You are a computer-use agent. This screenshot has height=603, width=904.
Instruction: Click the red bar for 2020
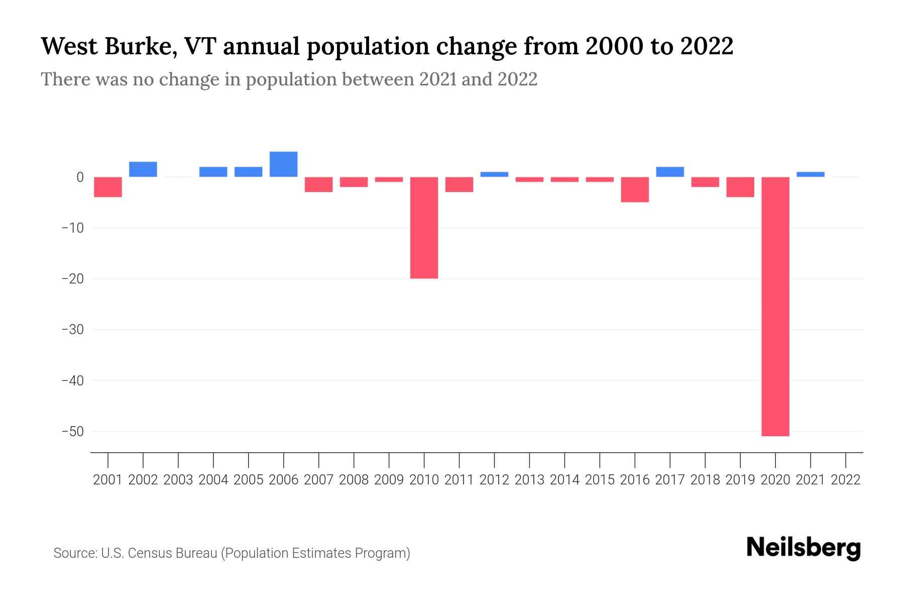775,307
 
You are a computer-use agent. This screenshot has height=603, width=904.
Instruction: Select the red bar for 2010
424,228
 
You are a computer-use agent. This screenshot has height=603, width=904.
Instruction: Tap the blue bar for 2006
283,164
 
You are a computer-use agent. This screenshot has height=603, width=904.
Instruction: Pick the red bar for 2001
108,187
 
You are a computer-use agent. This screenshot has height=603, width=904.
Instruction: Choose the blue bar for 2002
143,169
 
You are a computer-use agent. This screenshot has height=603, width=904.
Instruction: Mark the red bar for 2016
635,189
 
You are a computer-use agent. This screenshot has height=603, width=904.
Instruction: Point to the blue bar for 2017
670,172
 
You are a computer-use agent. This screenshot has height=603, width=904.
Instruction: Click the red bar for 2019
740,187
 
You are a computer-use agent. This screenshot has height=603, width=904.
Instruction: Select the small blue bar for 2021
810,174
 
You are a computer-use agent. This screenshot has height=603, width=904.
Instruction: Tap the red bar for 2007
318,184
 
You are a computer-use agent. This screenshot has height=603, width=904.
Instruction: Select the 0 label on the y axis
80,177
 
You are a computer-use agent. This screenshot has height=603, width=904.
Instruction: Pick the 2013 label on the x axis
529,480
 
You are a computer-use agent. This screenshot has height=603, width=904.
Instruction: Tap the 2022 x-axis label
846,480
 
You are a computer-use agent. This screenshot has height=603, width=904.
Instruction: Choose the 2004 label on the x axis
213,480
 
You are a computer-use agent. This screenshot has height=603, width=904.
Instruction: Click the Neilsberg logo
804,548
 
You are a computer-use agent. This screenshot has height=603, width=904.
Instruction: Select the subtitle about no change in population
289,79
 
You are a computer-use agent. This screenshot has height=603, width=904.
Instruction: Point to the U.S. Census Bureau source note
232,553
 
